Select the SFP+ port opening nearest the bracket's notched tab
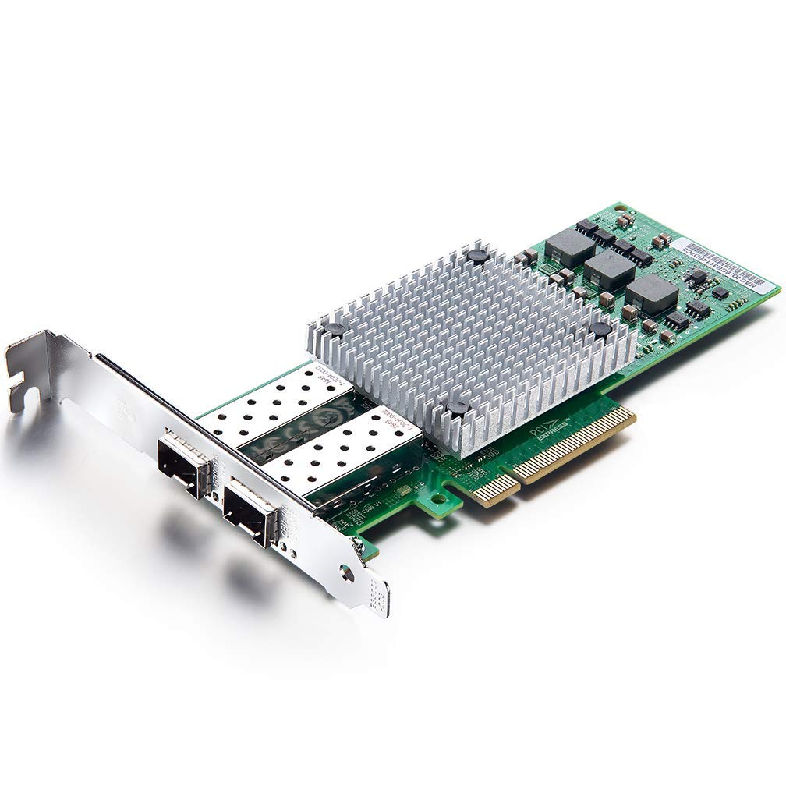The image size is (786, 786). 183,466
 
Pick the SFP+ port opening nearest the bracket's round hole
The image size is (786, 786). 250,515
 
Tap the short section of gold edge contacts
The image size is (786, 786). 496,488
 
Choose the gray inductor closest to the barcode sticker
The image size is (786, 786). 651,295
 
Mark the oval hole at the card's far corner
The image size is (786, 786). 620,208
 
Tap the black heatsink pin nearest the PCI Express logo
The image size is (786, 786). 458,408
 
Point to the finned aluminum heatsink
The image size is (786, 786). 468,335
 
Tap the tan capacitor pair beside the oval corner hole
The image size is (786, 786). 624,222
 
